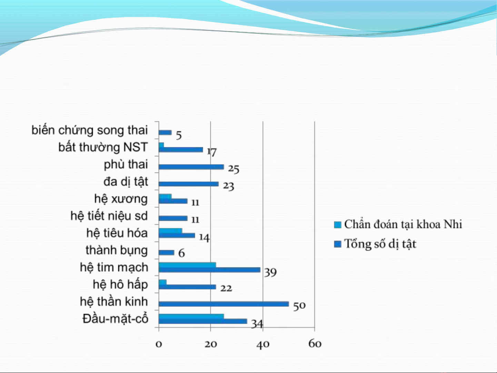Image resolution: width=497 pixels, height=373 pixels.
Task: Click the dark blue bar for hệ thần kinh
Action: (x=224, y=304)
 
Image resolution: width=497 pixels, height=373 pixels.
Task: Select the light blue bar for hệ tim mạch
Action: (x=187, y=265)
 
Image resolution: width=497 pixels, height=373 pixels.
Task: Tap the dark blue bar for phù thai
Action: (x=191, y=167)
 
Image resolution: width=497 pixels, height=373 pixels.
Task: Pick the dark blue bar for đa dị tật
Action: (x=189, y=184)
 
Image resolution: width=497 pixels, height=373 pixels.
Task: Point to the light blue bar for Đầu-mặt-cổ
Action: (x=191, y=316)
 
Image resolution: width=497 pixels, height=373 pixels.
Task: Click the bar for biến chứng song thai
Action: (x=165, y=132)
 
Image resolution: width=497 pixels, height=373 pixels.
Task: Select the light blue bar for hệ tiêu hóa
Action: (x=170, y=231)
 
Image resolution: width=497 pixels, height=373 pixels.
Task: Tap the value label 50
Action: (x=299, y=306)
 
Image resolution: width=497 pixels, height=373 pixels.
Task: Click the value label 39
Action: (x=271, y=272)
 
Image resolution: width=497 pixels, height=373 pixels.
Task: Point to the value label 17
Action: (x=212, y=152)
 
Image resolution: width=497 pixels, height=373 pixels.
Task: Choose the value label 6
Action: (x=182, y=253)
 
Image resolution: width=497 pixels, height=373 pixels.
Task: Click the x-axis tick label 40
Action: (x=263, y=345)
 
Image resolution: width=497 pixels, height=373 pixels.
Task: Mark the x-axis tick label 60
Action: (x=315, y=344)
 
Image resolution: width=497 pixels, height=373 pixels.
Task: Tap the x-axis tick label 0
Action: (x=159, y=344)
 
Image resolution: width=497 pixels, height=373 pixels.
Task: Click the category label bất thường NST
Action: (x=103, y=147)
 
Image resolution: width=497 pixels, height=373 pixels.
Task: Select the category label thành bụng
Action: (x=117, y=251)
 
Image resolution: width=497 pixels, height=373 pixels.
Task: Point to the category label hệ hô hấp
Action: (x=120, y=285)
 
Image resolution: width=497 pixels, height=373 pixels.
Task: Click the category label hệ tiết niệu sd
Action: (x=109, y=216)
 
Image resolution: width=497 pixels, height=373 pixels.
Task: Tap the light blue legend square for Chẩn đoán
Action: (x=338, y=225)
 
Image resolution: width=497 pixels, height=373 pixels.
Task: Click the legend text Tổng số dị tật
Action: (x=380, y=244)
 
